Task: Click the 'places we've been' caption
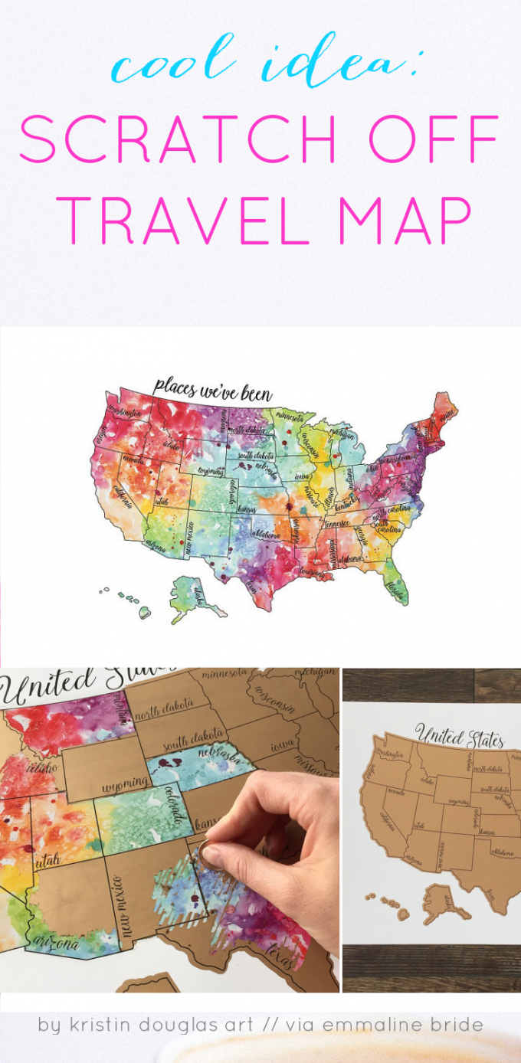pos(211,389)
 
